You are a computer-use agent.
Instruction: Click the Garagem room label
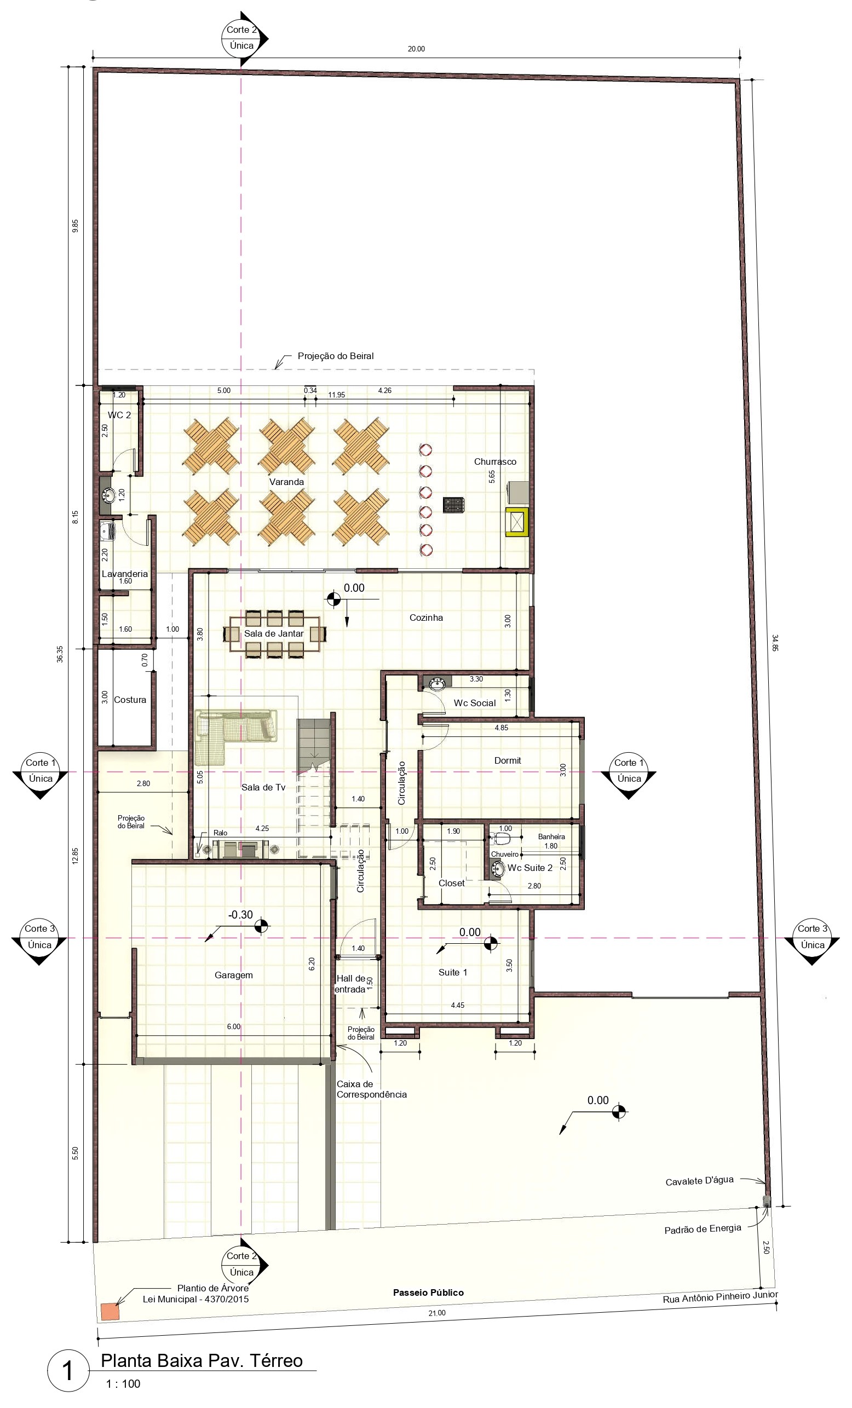(x=234, y=975)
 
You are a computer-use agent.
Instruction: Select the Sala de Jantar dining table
(x=274, y=634)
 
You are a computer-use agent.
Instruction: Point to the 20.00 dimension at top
(x=416, y=49)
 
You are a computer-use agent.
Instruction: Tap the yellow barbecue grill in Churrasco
(x=516, y=522)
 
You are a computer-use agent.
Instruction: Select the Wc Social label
(x=475, y=703)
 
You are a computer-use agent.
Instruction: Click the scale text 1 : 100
(x=123, y=1383)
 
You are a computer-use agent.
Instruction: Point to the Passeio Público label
(x=428, y=1292)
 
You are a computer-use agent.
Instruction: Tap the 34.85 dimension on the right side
(x=775, y=643)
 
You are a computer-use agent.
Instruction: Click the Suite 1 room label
(x=453, y=972)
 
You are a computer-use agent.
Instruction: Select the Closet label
(x=451, y=883)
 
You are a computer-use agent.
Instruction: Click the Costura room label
(x=130, y=700)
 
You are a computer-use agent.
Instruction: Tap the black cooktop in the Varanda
(x=454, y=505)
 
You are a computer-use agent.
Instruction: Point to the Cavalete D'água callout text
(x=699, y=1181)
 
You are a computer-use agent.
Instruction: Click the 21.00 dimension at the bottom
(x=436, y=1329)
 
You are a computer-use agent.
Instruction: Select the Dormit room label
(x=508, y=760)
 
